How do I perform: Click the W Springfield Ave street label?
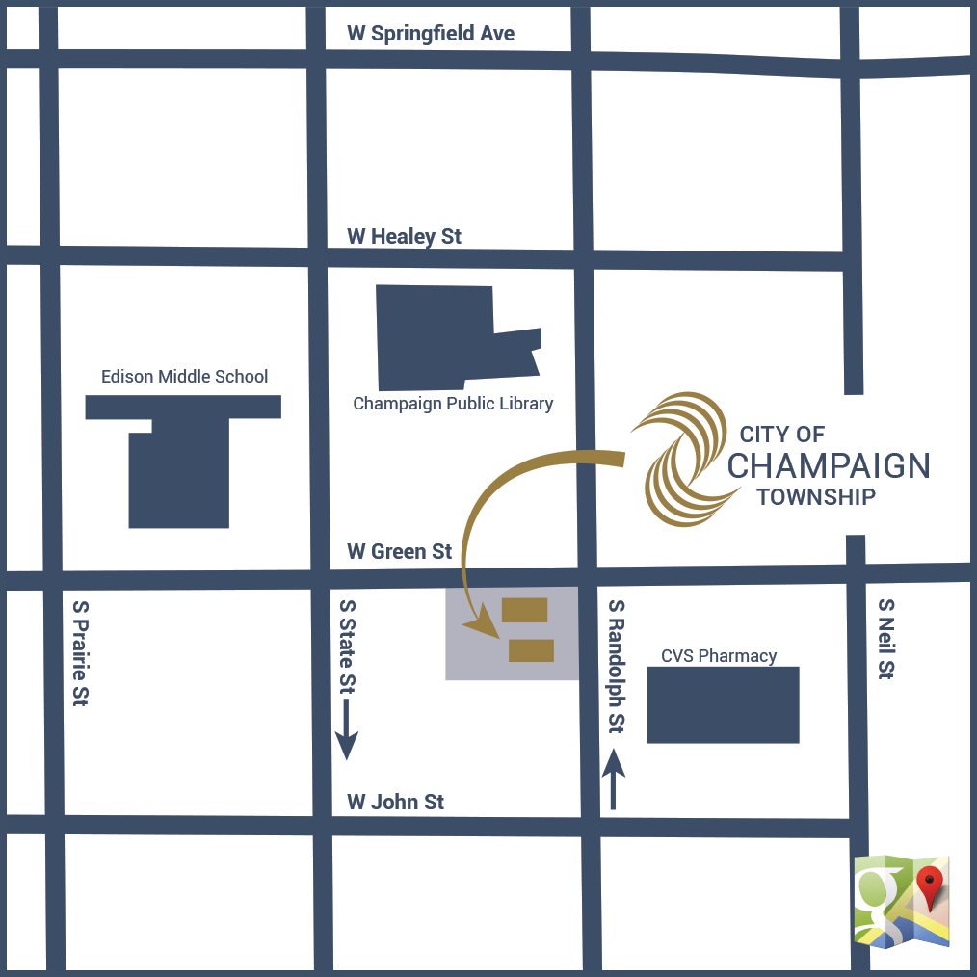point(431,34)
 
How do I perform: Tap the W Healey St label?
point(404,236)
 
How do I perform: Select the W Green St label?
point(399,552)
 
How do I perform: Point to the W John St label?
point(395,802)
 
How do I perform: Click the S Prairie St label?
point(81,654)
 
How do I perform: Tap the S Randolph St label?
point(617,666)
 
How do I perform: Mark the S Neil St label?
point(885,639)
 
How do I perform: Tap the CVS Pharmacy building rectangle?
point(723,704)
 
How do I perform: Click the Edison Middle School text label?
point(185,377)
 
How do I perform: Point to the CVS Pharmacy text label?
point(719,656)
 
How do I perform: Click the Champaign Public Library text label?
point(453,404)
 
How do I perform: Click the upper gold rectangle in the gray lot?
point(525,610)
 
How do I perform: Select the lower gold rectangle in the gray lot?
point(531,650)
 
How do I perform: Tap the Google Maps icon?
point(902,901)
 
